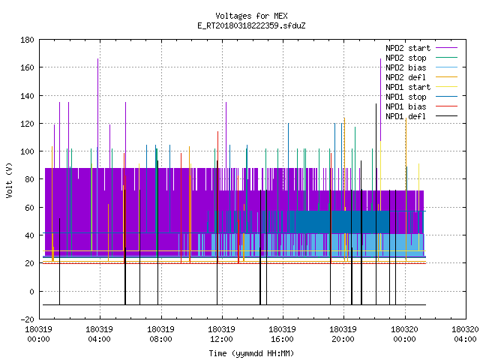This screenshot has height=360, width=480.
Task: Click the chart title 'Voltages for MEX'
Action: point(251,16)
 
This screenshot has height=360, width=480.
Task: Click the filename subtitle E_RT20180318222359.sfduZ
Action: point(251,25)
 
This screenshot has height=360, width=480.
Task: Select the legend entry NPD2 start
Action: point(421,48)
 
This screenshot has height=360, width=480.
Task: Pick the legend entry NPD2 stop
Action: point(421,58)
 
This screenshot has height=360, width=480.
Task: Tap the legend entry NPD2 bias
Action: point(421,67)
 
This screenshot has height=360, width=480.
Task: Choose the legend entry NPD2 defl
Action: point(421,77)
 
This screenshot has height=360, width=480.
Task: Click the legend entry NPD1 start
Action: point(421,87)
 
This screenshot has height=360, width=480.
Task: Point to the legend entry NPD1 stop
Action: point(421,97)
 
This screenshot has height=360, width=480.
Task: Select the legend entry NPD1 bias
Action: point(421,106)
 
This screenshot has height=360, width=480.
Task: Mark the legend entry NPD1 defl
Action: point(421,116)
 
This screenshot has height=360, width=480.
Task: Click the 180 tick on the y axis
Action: point(27,40)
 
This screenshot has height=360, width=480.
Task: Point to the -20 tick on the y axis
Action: point(27,319)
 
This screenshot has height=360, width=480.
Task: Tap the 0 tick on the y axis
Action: point(31,292)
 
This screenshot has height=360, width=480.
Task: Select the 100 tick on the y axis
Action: point(27,151)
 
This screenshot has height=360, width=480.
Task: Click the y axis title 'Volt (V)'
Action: point(9,181)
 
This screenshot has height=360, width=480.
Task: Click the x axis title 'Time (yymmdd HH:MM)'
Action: point(251,353)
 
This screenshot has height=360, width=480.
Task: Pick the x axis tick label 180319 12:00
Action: point(221,334)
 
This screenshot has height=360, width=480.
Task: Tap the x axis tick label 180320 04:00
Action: point(465,334)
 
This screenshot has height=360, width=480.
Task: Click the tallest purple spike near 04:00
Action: point(98,113)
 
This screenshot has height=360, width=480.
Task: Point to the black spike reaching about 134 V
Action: point(376,204)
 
